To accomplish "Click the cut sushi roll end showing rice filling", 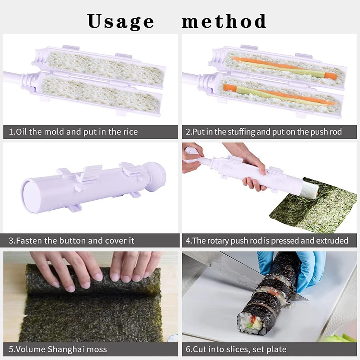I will (x=250, y=322).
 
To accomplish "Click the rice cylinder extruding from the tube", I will (x=309, y=190).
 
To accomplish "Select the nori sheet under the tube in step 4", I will (x=316, y=212).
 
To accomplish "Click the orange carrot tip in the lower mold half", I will (x=227, y=87).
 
